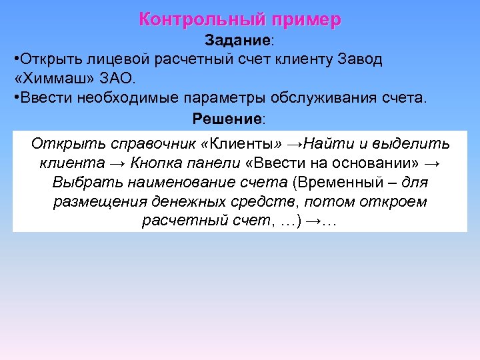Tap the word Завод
[x=359, y=59]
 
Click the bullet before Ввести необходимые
[x=16, y=98]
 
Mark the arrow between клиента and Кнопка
[x=118, y=163]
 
